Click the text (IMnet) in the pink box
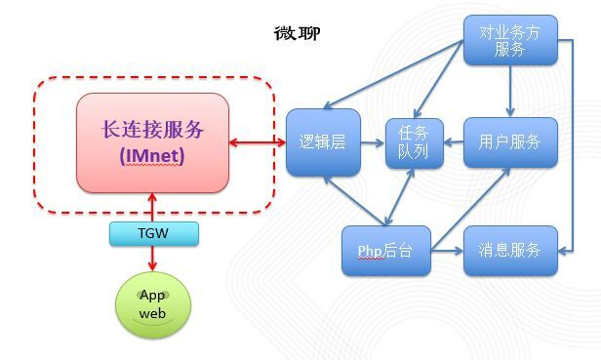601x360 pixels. pyautogui.click(x=152, y=155)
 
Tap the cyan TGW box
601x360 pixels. pyautogui.click(x=153, y=234)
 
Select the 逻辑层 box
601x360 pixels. pyautogui.click(x=322, y=142)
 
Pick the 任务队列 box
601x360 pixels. pyautogui.click(x=414, y=142)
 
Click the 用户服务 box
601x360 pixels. pyautogui.click(x=509, y=142)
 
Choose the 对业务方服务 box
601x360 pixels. pyautogui.click(x=509, y=41)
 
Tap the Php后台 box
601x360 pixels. pyautogui.click(x=385, y=251)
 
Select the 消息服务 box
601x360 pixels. pyautogui.click(x=509, y=251)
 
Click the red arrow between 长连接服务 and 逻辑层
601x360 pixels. pyautogui.click(x=258, y=143)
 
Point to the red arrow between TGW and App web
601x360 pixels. pyautogui.click(x=153, y=260)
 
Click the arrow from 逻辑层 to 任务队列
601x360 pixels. pyautogui.click(x=372, y=143)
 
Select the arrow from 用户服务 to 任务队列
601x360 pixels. pyautogui.click(x=453, y=143)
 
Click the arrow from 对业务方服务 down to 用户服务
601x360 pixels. pyautogui.click(x=509, y=92)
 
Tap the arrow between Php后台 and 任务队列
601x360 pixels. pyautogui.click(x=400, y=197)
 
